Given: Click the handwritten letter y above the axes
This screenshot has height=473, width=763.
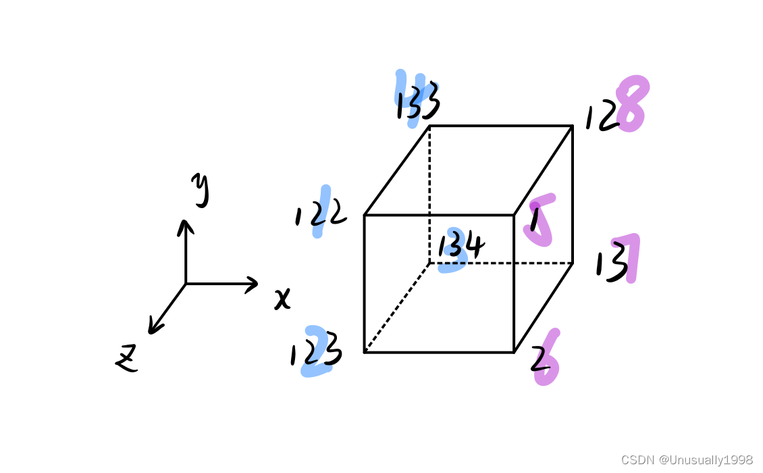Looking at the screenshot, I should click(200, 189).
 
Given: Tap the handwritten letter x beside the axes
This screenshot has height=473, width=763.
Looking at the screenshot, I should click(282, 298).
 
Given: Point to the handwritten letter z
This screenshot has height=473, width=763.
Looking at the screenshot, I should click(126, 358).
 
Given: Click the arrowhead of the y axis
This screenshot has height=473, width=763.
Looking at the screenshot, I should click(186, 224).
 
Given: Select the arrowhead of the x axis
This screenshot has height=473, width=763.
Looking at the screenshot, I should click(253, 284).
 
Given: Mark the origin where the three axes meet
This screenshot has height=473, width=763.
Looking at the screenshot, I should click(186, 284).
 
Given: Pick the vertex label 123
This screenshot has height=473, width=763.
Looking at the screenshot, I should click(316, 354).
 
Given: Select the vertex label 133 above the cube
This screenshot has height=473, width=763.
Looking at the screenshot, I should click(418, 103).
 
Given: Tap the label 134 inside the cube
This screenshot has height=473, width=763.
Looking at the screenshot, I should click(461, 245).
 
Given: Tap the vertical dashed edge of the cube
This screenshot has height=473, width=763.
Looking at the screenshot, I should click(429, 196).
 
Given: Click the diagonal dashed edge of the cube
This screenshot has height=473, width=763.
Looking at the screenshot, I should click(397, 307).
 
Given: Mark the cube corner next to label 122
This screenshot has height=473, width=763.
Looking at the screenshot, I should click(365, 216).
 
